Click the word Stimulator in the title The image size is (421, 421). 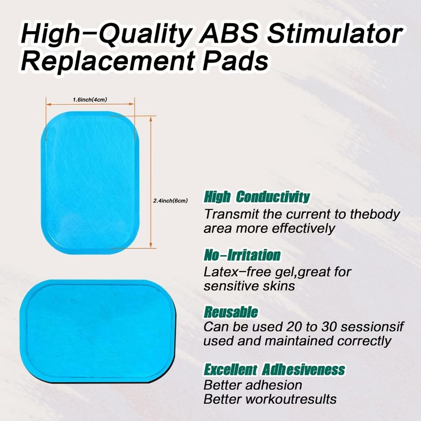click(333, 35)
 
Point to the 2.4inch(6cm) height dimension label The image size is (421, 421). click(170, 201)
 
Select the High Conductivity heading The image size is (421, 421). click(257, 197)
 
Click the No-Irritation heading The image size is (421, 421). click(242, 256)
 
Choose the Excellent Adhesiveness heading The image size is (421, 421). click(274, 368)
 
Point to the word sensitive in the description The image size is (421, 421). click(229, 286)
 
